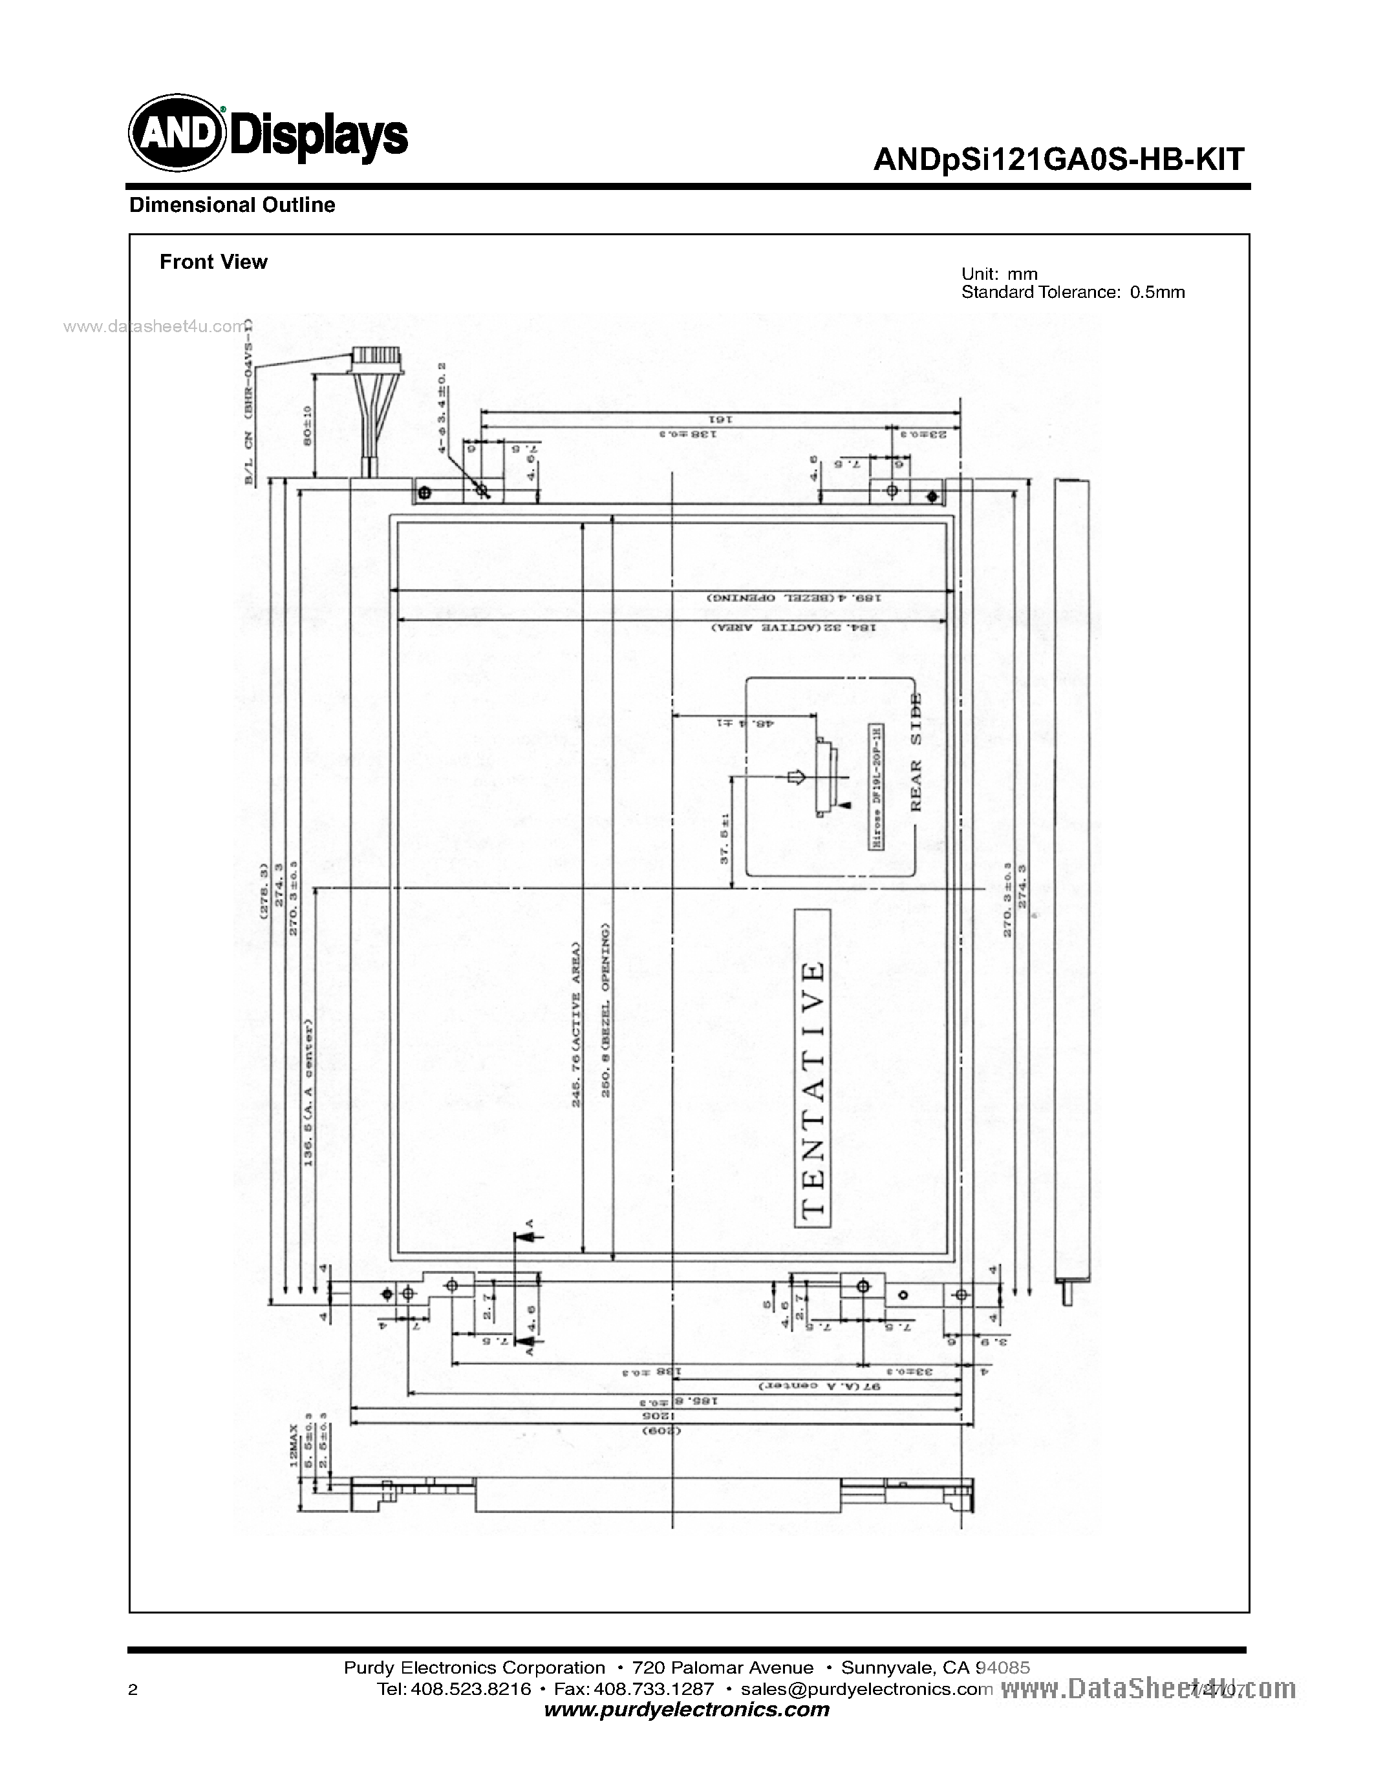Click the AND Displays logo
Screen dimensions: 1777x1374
tap(268, 132)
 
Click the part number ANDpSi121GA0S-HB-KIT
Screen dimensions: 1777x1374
tap(1058, 160)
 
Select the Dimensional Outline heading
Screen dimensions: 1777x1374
tap(232, 205)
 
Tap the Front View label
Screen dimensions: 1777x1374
tap(213, 262)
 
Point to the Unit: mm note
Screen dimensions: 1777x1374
tap(999, 274)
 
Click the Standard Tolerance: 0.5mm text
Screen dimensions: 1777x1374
tap(1072, 292)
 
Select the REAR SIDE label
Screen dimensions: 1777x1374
tap(915, 753)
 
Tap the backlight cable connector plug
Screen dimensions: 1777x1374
tap(376, 360)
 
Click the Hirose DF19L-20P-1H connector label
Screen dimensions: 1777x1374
tap(877, 787)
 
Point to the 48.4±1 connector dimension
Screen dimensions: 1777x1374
tap(744, 722)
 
